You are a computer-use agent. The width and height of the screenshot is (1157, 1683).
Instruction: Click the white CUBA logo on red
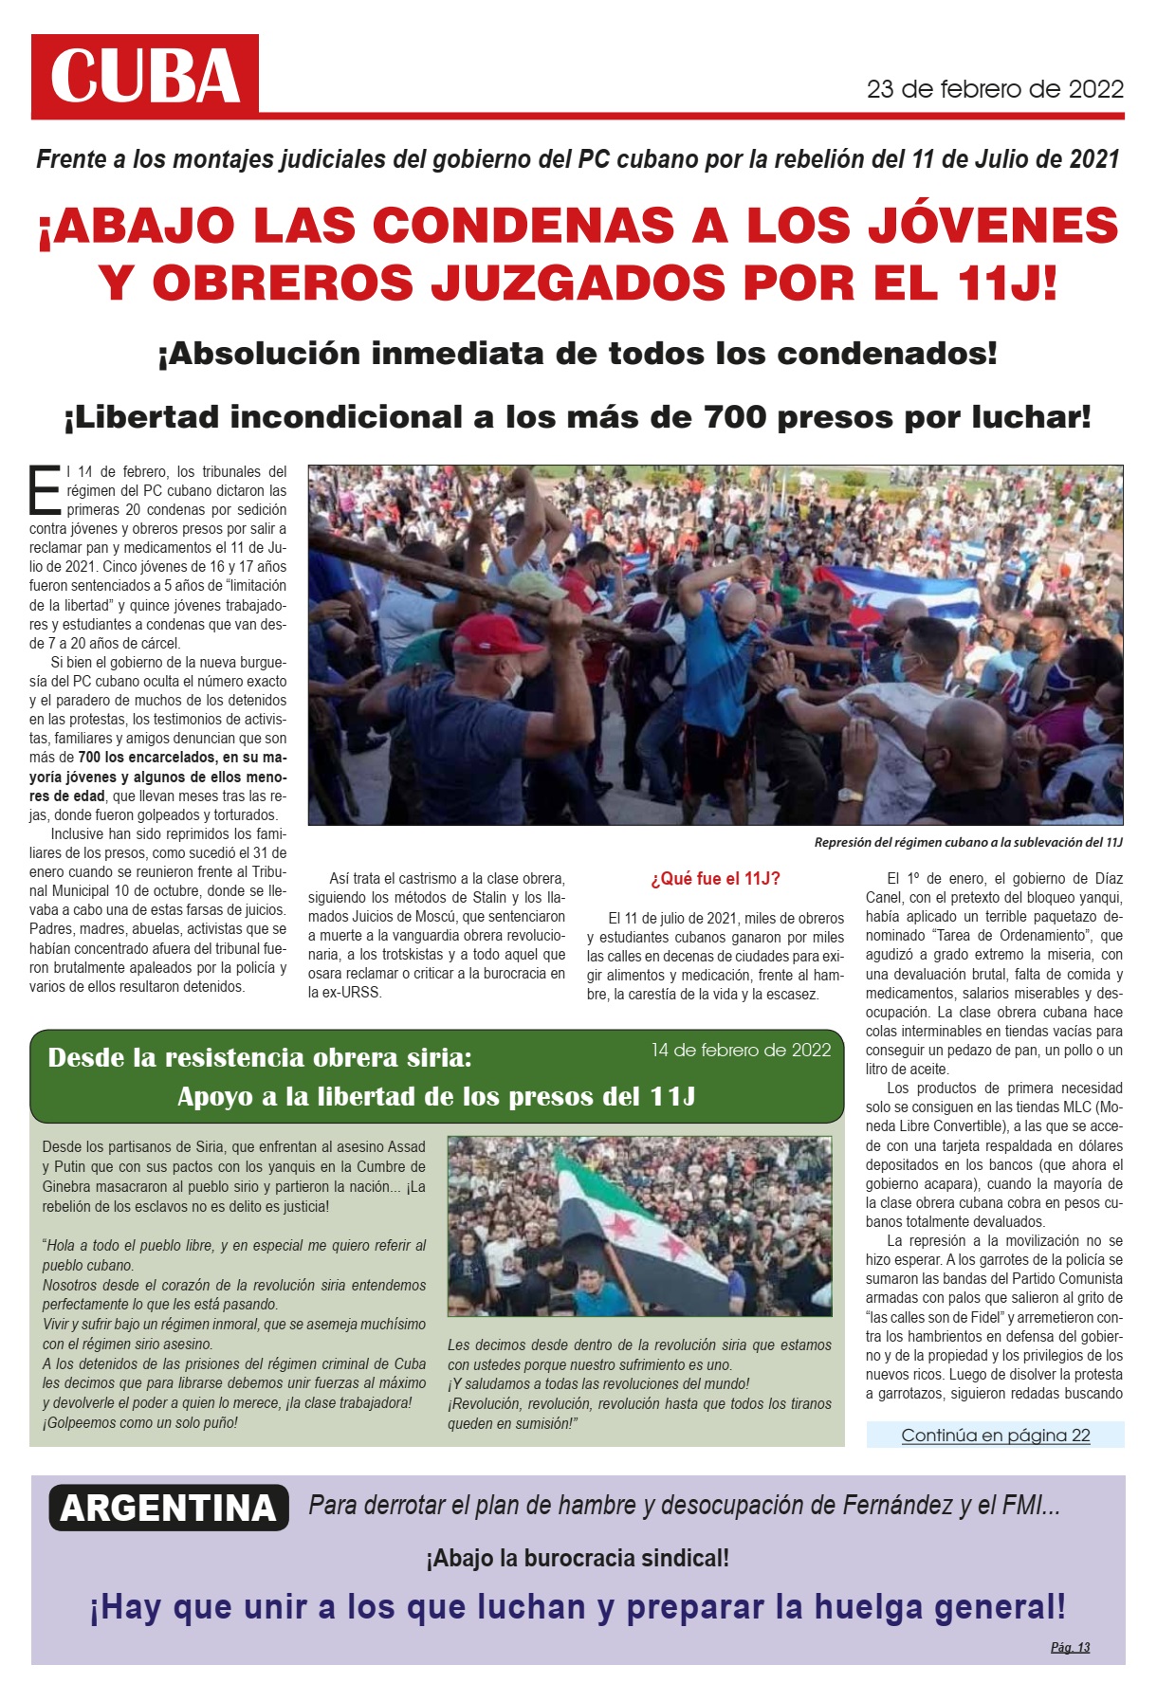click(x=144, y=76)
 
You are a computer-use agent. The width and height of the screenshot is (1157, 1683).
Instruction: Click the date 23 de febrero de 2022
click(x=995, y=89)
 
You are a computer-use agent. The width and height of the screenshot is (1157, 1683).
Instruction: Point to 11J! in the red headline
click(x=1003, y=283)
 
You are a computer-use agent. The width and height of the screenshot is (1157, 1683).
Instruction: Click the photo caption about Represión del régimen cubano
click(x=967, y=842)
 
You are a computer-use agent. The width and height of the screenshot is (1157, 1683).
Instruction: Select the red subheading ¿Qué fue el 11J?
click(x=715, y=879)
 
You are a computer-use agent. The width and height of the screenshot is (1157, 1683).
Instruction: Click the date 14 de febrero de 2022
click(x=741, y=1050)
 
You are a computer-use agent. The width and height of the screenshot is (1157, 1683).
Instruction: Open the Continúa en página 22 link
click(x=995, y=1435)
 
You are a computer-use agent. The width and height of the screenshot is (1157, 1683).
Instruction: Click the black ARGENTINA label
click(x=168, y=1508)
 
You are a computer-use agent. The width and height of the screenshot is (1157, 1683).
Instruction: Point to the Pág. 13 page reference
click(x=1070, y=1647)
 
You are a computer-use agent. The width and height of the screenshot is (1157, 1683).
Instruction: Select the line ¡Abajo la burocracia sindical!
click(x=578, y=1558)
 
